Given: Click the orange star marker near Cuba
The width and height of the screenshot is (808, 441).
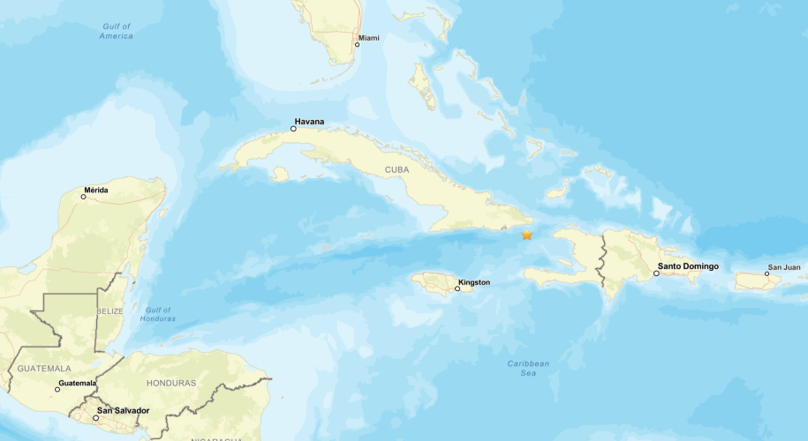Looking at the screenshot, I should (x=527, y=235).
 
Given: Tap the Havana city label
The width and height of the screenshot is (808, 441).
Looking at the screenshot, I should (x=310, y=121).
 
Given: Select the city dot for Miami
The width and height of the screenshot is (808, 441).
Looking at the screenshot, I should (x=358, y=44).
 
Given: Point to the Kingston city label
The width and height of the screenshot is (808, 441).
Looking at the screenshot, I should (x=474, y=283).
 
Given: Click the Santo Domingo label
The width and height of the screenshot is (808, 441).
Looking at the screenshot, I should (x=688, y=266).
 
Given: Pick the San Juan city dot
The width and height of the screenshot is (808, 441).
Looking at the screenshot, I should (x=766, y=273).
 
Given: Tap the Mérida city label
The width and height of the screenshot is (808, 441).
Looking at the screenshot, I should (x=96, y=190).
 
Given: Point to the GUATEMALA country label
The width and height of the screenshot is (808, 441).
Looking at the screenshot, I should (x=37, y=368).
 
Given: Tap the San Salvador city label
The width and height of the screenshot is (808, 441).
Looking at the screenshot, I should (x=123, y=410).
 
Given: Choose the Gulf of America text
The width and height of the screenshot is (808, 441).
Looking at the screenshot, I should (x=117, y=31).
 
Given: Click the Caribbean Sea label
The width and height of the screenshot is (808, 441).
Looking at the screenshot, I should (x=528, y=369).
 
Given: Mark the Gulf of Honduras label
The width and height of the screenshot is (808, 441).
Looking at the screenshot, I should (x=159, y=314).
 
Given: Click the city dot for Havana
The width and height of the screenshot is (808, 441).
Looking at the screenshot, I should (x=293, y=129).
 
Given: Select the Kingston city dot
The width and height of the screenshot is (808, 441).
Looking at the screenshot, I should (x=457, y=288).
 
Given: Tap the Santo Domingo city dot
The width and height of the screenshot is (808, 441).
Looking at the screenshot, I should (x=656, y=273).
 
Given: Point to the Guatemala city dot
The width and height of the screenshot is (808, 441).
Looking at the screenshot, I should (x=57, y=389).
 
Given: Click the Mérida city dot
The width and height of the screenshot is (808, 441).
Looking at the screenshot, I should (x=84, y=197).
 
